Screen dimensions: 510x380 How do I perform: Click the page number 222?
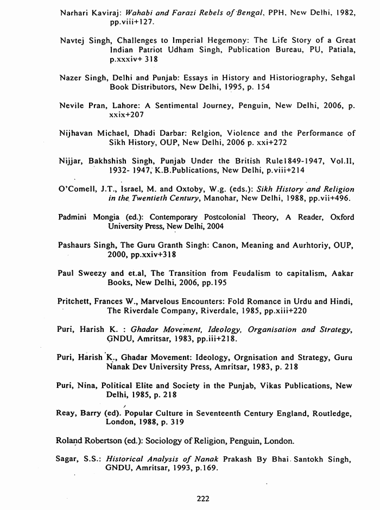coord(202,498)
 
